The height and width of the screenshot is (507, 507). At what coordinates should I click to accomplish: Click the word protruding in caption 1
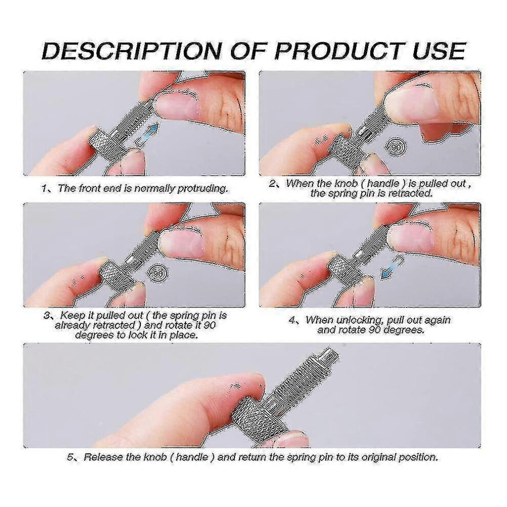click(x=203, y=188)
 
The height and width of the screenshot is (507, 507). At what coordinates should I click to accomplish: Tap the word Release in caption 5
click(x=103, y=457)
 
